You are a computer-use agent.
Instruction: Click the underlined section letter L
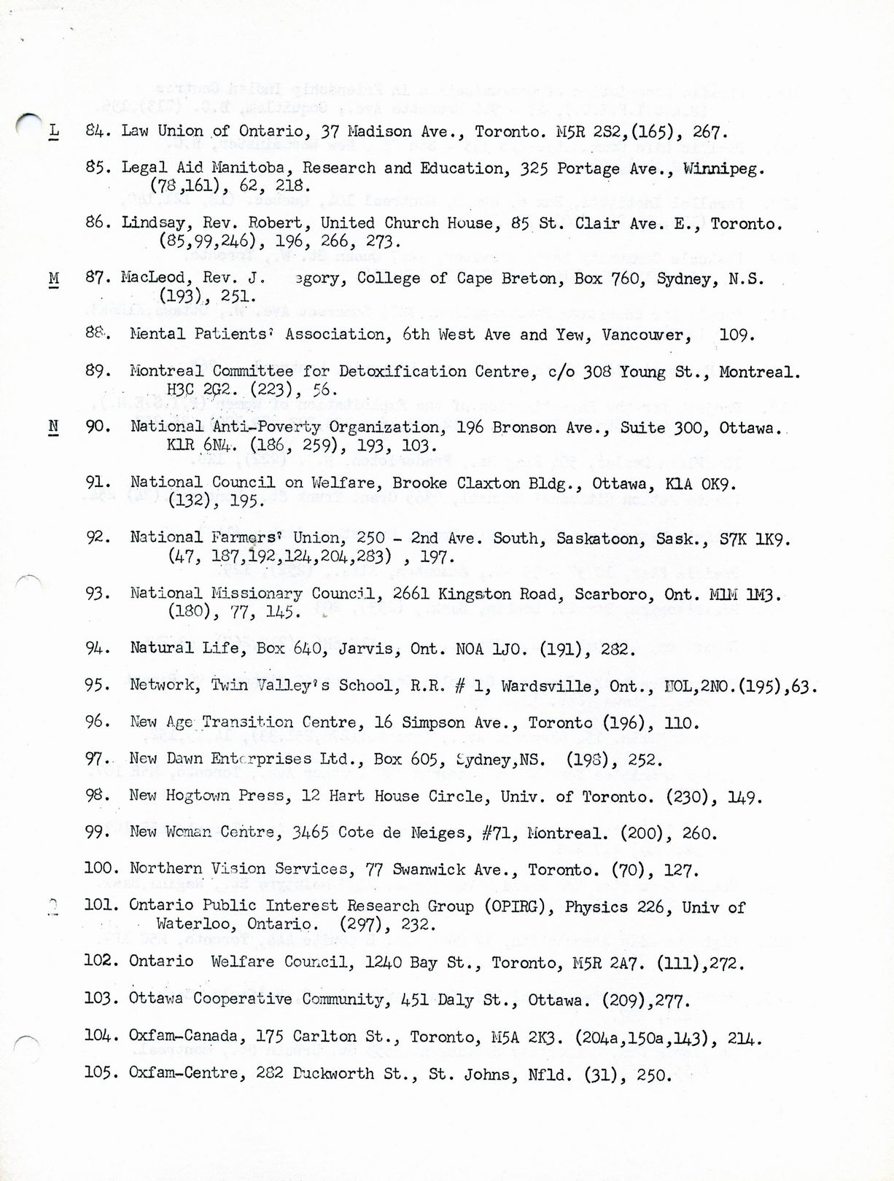55,131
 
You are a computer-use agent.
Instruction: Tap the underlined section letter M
55,278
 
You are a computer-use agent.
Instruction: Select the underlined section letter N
55,426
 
